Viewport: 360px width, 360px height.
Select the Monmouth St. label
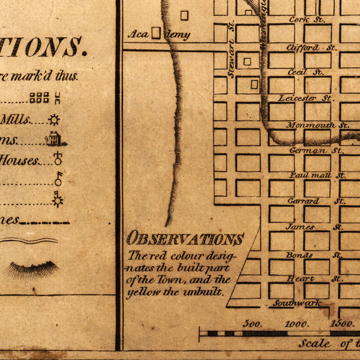coord(317,125)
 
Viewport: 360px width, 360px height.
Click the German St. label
coord(308,151)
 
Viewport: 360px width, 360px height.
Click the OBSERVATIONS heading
coord(185,239)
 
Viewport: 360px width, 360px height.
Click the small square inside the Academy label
coord(156,33)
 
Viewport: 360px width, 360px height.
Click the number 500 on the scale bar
coord(251,324)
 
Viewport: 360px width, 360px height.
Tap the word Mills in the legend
coord(15,119)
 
